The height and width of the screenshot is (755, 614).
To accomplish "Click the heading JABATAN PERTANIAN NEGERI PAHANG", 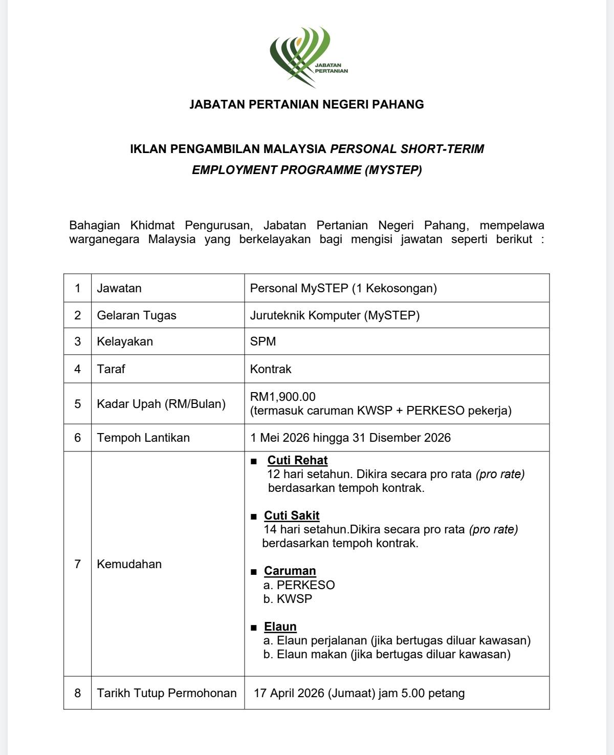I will click(306, 104).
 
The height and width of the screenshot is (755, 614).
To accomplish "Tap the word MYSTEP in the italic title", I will click(393, 170).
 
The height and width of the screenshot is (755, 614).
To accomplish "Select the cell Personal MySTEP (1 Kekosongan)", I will click(343, 288).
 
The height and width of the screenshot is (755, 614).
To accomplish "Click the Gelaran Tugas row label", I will click(137, 315).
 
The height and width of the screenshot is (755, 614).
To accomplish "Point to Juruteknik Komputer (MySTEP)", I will click(335, 315).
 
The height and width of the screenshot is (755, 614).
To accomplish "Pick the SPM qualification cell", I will click(263, 341).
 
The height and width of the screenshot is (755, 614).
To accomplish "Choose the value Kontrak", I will click(271, 369).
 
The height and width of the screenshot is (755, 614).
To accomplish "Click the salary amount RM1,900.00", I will click(283, 397).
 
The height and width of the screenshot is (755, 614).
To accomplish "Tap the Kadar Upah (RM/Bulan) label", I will click(161, 404).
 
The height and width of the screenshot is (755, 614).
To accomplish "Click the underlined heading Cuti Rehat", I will click(297, 460).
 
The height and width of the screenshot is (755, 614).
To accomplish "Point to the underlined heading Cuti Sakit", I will click(292, 515).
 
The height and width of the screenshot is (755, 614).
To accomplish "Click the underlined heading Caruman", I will click(290, 571).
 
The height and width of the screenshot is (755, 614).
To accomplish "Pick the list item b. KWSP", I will click(288, 599).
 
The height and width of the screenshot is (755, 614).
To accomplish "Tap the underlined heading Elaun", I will click(280, 627).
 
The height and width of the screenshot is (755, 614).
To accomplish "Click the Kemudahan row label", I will click(129, 564).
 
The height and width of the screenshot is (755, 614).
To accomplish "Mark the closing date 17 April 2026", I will click(289, 693).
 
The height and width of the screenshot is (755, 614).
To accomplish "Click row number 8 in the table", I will click(78, 693).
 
